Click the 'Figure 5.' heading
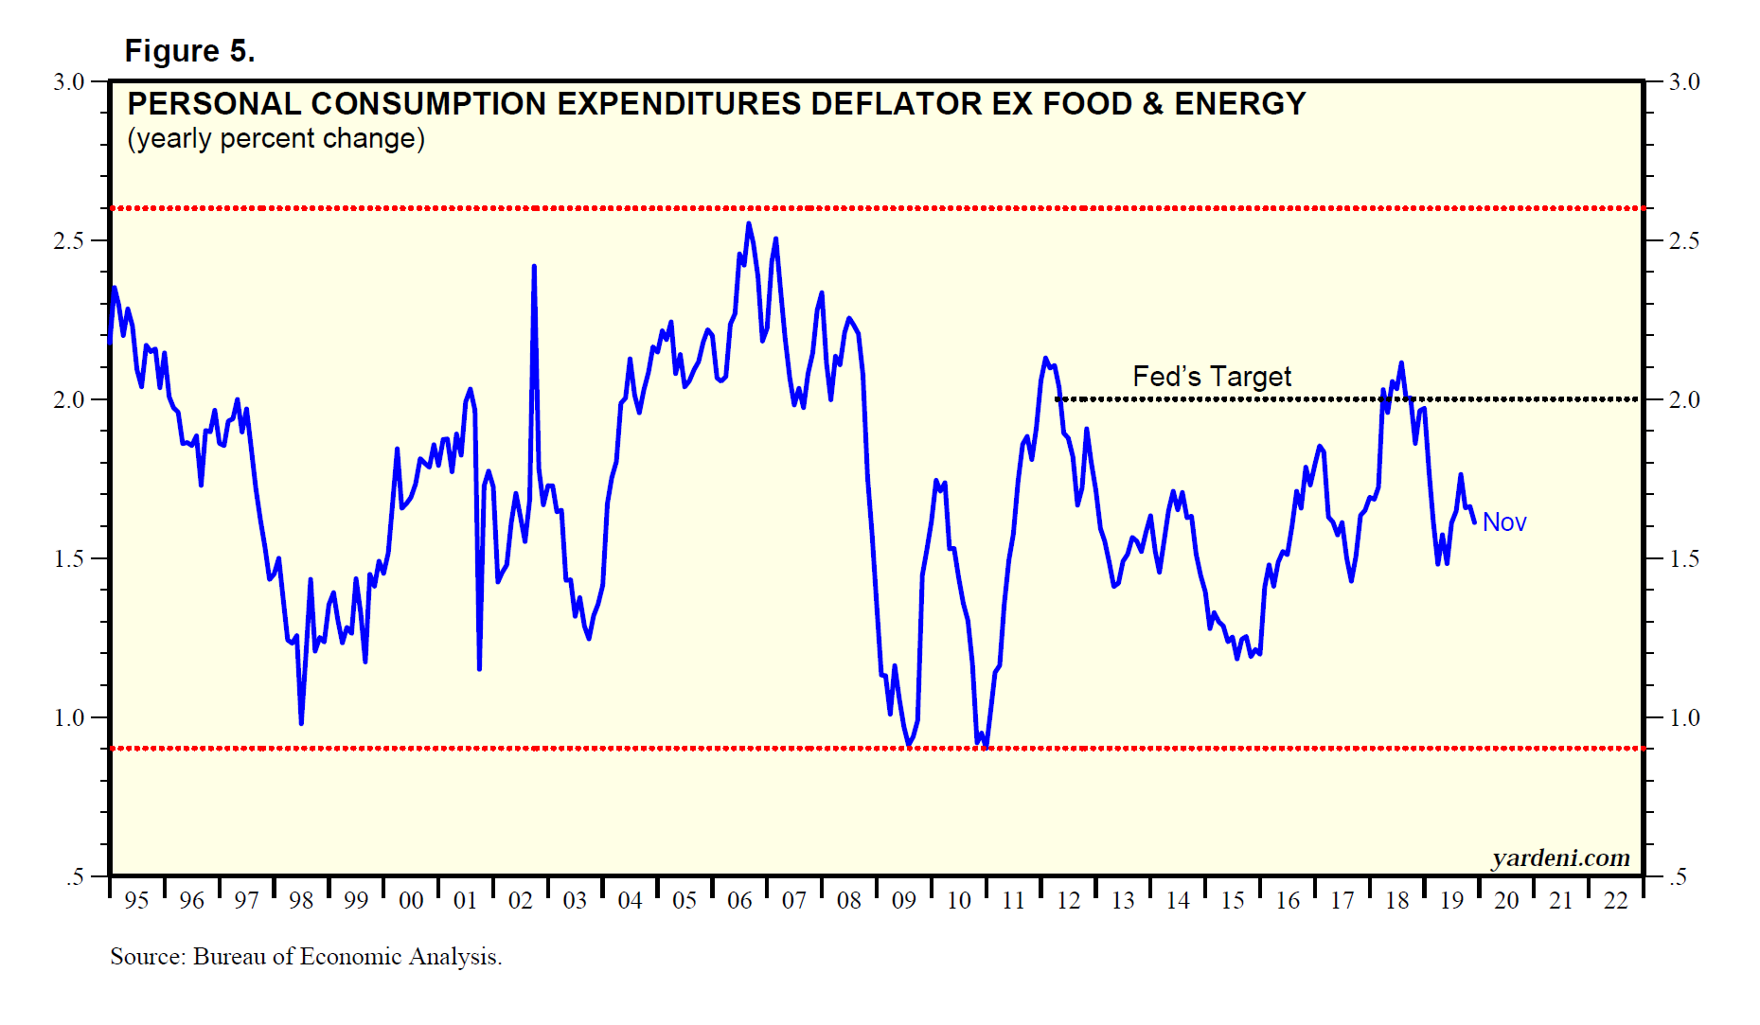pyautogui.click(x=189, y=50)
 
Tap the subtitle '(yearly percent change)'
pyautogui.click(x=276, y=138)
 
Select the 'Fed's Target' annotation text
pyautogui.click(x=1211, y=376)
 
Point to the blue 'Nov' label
pyautogui.click(x=1503, y=521)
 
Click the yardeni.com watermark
pyautogui.click(x=1560, y=857)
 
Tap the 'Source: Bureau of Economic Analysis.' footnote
pyautogui.click(x=306, y=956)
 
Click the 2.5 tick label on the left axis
pyautogui.click(x=69, y=240)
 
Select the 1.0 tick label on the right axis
pyautogui.click(x=1684, y=717)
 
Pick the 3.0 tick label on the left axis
pyautogui.click(x=69, y=81)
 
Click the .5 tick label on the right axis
pyautogui.click(x=1678, y=876)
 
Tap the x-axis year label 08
pyautogui.click(x=849, y=900)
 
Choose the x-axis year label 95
pyautogui.click(x=136, y=900)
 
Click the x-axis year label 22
pyautogui.click(x=1615, y=900)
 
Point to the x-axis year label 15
pyautogui.click(x=1232, y=900)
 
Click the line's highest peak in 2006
pyautogui.click(x=749, y=224)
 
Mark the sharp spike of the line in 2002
pyautogui.click(x=534, y=267)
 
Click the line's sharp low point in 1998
pyautogui.click(x=301, y=723)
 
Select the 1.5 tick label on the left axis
pyautogui.click(x=69, y=558)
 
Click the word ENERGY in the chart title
pyautogui.click(x=1239, y=103)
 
